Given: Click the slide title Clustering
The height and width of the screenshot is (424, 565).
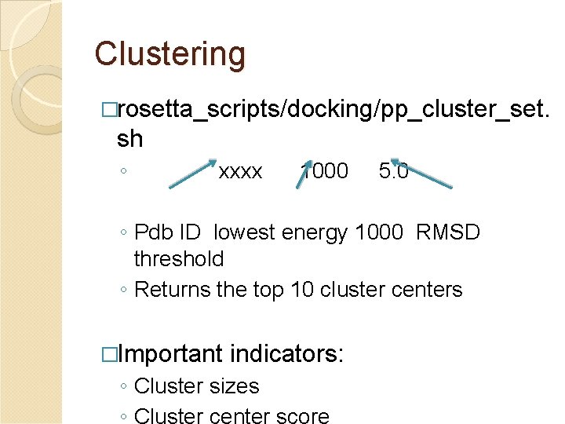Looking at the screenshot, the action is click(169, 54).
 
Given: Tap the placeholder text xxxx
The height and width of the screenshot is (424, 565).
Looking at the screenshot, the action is click(240, 171).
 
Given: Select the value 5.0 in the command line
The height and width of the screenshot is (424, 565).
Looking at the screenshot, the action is click(393, 171).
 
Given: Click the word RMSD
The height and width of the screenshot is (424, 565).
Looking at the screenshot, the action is click(448, 232).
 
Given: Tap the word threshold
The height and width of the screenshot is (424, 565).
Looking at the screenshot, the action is click(179, 258).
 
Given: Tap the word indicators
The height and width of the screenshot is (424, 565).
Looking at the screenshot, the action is click(286, 354).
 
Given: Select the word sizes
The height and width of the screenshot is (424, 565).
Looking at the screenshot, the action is click(231, 386).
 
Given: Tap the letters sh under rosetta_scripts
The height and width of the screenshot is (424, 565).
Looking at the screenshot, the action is click(129, 139).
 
